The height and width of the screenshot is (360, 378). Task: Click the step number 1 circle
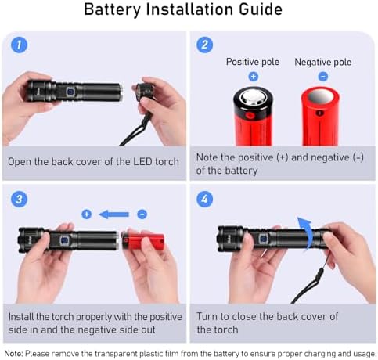pos(19,45)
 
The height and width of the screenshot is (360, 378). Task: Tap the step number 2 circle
pos(204,45)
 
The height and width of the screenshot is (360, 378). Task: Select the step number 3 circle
pos(19,199)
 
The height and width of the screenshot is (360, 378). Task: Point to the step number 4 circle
pos(204,199)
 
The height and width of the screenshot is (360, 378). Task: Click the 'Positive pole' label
pos(253,62)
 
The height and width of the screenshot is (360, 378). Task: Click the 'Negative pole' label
pos(323,62)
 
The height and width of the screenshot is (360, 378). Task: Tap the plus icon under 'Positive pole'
pos(254,77)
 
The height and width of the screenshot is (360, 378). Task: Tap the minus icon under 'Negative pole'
pos(323,77)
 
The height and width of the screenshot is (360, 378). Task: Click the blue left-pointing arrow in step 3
pos(114,214)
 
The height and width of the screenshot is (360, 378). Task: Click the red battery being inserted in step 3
pos(143,241)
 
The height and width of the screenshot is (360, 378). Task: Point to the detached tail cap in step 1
pos(144,92)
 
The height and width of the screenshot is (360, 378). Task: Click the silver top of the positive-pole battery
pos(252,97)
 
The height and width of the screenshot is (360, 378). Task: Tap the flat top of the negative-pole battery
pos(320,96)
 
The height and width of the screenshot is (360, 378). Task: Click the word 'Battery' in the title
pos(113,9)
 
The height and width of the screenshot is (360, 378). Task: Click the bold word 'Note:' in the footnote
pos(13,354)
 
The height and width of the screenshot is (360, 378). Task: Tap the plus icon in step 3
pos(87,214)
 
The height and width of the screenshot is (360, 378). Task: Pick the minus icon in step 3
pos(142,214)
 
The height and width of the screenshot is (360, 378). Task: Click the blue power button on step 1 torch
pos(70,92)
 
